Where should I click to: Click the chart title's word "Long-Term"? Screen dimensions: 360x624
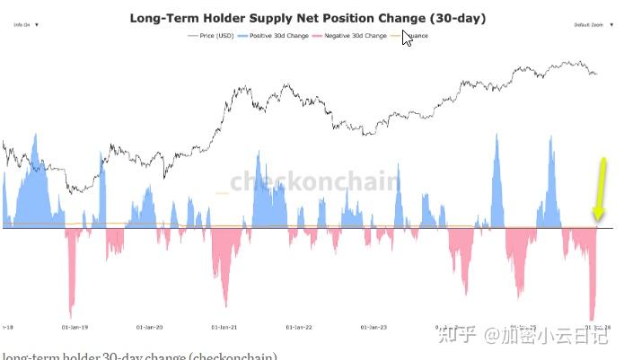point(163,17)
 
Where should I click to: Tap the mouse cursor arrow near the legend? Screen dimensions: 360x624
point(407,37)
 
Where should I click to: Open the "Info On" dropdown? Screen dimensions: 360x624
point(25,25)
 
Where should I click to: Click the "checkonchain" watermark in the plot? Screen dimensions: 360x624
point(314,181)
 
